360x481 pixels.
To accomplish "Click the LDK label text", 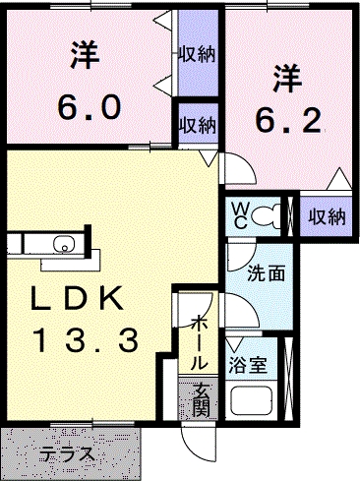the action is [x=77, y=298].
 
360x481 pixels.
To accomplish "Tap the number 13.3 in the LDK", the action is [x=88, y=340].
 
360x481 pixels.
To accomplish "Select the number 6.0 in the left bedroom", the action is [x=89, y=107].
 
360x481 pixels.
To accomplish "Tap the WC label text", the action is [x=240, y=215].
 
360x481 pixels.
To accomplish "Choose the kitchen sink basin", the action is [x=65, y=244].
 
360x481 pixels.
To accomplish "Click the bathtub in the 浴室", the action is [x=252, y=401].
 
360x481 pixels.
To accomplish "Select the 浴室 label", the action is [x=248, y=365].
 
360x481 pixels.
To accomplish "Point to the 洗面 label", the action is [x=266, y=273].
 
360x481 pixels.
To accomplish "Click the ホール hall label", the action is [x=200, y=342].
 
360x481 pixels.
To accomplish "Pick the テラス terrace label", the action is [x=67, y=454].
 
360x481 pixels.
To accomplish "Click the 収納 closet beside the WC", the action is [x=328, y=217].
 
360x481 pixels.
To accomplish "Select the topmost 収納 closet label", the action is [x=197, y=54].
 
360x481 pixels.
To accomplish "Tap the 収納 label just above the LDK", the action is [x=198, y=125].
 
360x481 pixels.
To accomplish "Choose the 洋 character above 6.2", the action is [x=287, y=79].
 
